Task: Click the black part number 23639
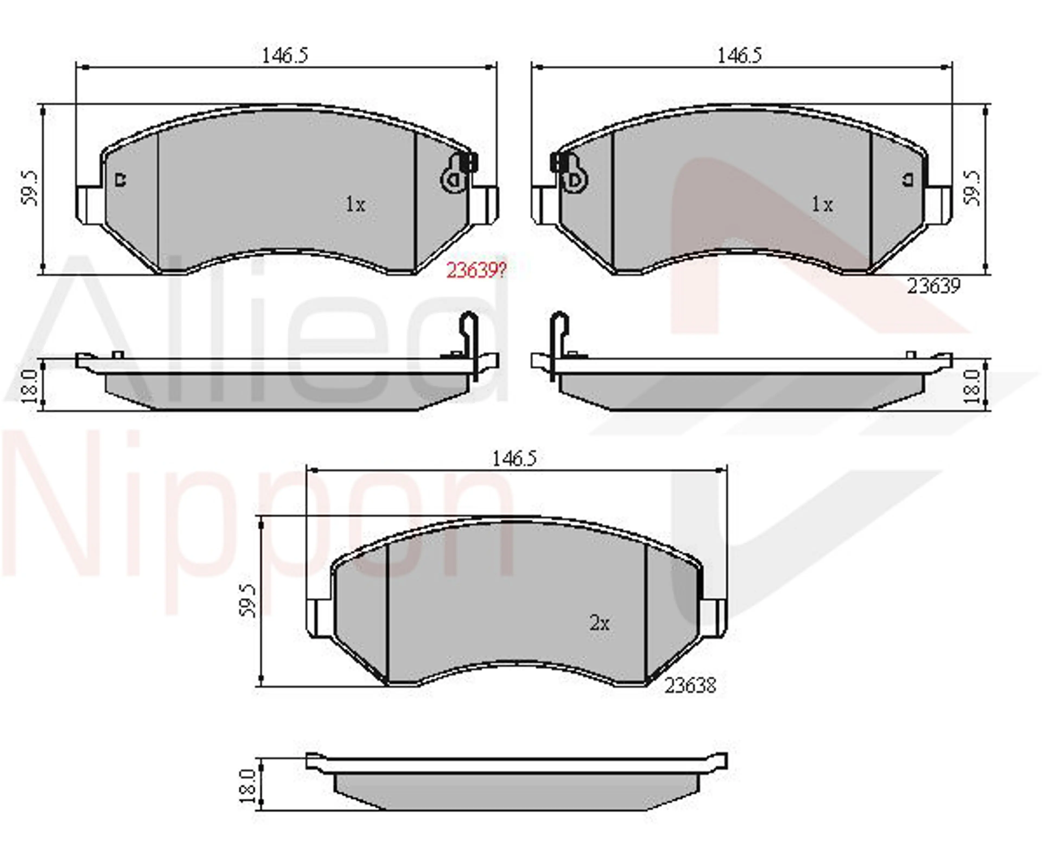[933, 286]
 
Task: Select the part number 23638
[690, 686]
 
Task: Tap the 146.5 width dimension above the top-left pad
[285, 55]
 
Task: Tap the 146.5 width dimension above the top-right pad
[739, 55]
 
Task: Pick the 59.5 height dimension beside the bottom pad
[248, 601]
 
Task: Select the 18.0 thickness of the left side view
[30, 386]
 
